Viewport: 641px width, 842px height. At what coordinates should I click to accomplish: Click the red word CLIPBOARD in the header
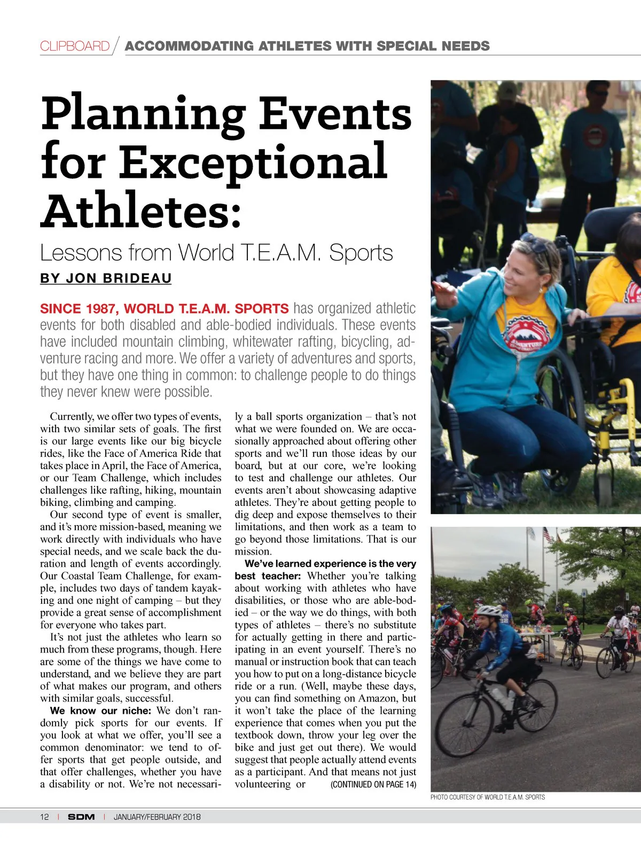pos(75,46)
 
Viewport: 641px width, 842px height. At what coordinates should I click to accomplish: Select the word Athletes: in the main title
pos(141,212)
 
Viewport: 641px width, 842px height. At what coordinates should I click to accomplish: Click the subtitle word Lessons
pos(81,253)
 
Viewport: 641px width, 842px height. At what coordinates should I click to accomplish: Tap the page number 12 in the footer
pos(44,816)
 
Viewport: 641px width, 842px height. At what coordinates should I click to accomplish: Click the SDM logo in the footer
pos(81,816)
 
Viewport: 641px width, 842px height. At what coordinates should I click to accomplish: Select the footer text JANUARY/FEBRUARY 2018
pos(157,816)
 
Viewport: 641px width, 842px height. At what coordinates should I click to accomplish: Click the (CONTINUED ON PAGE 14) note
pos(373,784)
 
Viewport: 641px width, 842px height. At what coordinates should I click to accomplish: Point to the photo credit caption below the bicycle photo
pos(487,797)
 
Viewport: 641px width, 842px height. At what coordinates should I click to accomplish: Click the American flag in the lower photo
pos(546,534)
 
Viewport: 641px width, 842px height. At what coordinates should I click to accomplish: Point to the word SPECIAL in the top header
pos(405,46)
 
